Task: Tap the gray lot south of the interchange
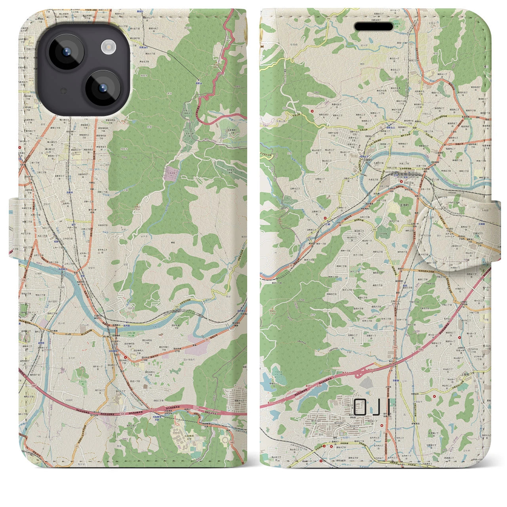coord(368,383)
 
